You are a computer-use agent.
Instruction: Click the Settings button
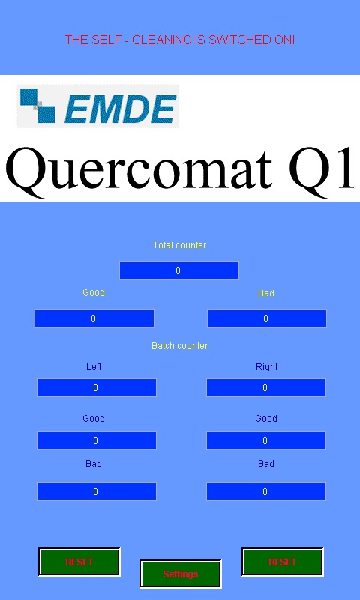click(181, 574)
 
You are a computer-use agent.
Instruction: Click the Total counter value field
click(179, 271)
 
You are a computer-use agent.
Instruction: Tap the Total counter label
click(179, 245)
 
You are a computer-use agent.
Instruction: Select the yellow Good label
click(94, 292)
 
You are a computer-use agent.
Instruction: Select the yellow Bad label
click(266, 293)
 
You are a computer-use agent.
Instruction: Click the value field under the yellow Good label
click(94, 318)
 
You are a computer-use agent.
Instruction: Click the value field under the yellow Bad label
click(267, 318)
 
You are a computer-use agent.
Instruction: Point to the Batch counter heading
click(180, 346)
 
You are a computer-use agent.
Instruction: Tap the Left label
click(94, 367)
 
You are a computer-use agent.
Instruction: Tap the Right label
click(267, 367)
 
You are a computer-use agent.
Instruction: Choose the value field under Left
click(97, 387)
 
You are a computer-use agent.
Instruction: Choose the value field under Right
click(266, 387)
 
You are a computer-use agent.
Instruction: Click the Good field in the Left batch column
click(97, 440)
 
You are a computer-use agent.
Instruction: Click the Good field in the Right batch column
click(266, 440)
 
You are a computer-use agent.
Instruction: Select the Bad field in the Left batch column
click(97, 491)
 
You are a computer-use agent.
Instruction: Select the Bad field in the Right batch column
click(266, 491)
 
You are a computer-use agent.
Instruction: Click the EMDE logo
click(98, 106)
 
